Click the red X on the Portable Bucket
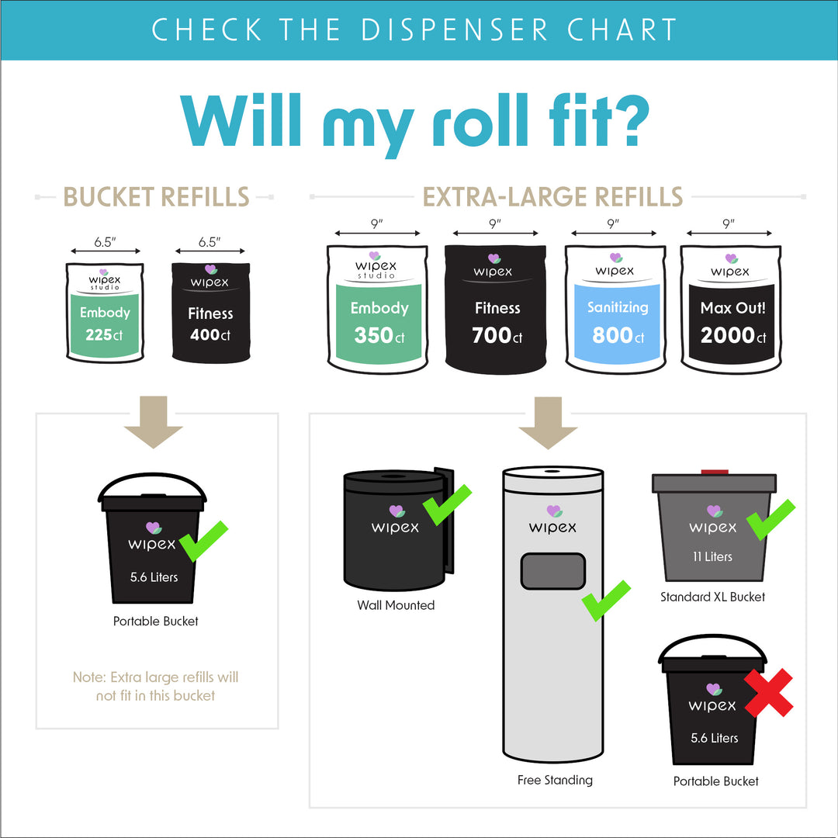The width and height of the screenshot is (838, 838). (769, 693)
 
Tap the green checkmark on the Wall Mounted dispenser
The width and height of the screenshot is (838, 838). (448, 504)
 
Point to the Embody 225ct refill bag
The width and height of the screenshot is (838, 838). (105, 312)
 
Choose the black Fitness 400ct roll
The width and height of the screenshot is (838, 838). (210, 312)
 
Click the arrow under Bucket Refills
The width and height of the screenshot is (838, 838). (153, 422)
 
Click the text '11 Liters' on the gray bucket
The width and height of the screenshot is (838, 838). (712, 556)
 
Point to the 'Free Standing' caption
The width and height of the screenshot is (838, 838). (555, 780)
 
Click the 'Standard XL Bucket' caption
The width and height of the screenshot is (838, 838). (712, 597)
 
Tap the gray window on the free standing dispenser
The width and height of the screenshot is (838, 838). (552, 572)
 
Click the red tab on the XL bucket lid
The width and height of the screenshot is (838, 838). (712, 472)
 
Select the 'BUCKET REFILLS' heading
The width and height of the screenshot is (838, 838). (156, 197)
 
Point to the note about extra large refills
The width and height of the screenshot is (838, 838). (156, 686)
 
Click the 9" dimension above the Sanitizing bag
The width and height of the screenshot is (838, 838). (613, 224)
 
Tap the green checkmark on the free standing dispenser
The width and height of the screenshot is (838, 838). (607, 600)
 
